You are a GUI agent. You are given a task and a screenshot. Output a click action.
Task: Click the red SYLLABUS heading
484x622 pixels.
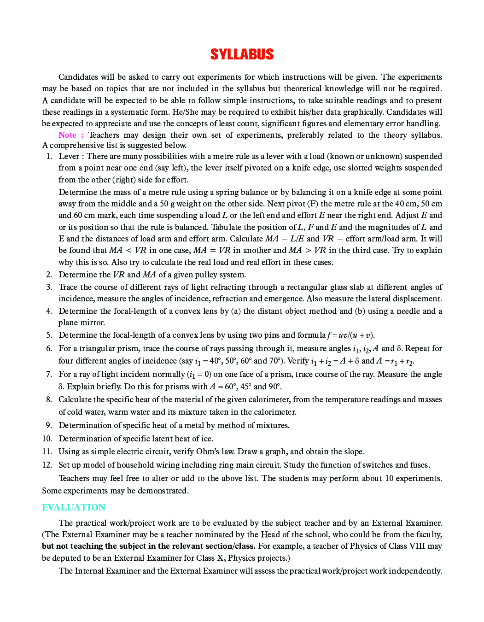242,54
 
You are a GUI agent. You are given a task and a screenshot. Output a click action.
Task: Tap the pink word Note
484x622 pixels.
67,135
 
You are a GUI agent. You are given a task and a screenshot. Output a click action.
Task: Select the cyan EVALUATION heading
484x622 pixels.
74,507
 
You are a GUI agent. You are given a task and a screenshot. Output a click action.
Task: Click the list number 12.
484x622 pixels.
47,465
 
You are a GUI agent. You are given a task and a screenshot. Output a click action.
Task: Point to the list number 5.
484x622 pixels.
49,335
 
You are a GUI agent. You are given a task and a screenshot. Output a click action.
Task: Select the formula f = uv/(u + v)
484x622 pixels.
348,335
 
